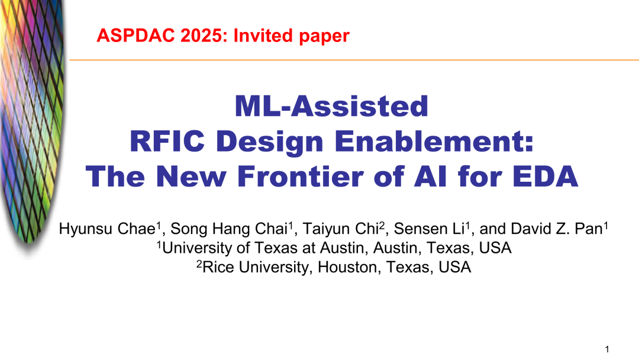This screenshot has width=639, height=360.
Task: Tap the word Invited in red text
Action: pyautogui.click(x=263, y=36)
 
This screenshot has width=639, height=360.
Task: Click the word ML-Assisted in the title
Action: pyautogui.click(x=331, y=106)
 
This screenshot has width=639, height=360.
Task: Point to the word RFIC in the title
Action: pyautogui.click(x=167, y=141)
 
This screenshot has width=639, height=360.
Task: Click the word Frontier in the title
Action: pyautogui.click(x=301, y=176)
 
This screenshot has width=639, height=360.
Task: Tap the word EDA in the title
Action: pyautogui.click(x=546, y=176)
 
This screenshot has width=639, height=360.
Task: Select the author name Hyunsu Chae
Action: pyautogui.click(x=108, y=229)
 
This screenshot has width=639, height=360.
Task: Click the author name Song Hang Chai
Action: pyautogui.click(x=230, y=229)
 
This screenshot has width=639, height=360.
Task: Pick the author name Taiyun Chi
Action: pyautogui.click(x=341, y=229)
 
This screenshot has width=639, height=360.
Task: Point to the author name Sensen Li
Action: pyautogui.click(x=429, y=229)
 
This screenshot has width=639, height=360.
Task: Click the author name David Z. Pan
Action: pyautogui.click(x=557, y=229)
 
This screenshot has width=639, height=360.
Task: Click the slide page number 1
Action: pyautogui.click(x=607, y=349)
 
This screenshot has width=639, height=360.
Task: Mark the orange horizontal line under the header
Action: pyautogui.click(x=354, y=60)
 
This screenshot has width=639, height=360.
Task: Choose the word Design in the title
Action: pyautogui.click(x=269, y=142)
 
